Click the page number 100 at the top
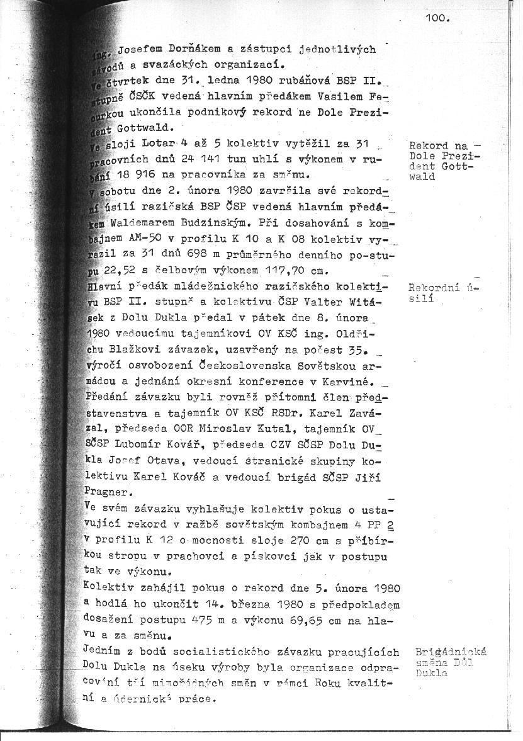click(x=437, y=19)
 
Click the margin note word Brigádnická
click(x=451, y=652)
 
